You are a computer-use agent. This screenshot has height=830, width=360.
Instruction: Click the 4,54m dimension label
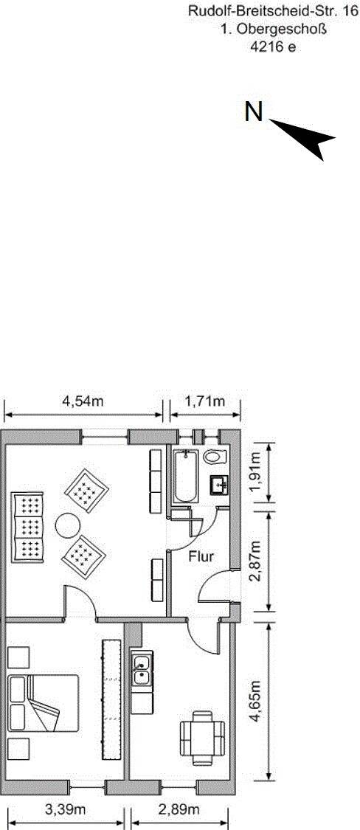click(83, 401)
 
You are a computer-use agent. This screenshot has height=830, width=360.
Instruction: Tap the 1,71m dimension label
click(205, 401)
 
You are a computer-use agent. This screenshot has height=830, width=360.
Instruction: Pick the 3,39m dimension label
click(65, 809)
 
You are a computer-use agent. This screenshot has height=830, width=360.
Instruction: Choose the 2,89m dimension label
click(179, 809)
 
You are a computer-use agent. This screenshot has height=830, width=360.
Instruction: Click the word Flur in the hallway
click(201, 556)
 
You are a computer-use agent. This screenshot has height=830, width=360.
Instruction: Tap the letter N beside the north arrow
click(254, 111)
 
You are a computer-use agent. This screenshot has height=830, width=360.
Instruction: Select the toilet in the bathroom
click(215, 456)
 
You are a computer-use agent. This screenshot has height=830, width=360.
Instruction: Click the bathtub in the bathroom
click(185, 476)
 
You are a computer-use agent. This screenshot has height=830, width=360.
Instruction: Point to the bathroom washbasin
click(218, 484)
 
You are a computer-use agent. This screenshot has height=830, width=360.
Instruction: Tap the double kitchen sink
click(142, 670)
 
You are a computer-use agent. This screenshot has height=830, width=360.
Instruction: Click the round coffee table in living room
click(68, 525)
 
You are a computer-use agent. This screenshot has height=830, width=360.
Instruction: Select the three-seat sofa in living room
click(27, 527)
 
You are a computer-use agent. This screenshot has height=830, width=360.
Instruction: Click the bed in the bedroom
click(44, 703)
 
